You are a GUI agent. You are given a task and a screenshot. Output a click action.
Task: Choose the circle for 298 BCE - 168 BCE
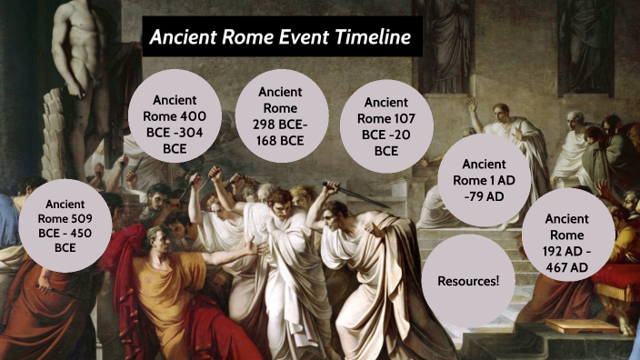tap(281, 116)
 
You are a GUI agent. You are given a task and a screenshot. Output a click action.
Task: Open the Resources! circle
tap(469, 280)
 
